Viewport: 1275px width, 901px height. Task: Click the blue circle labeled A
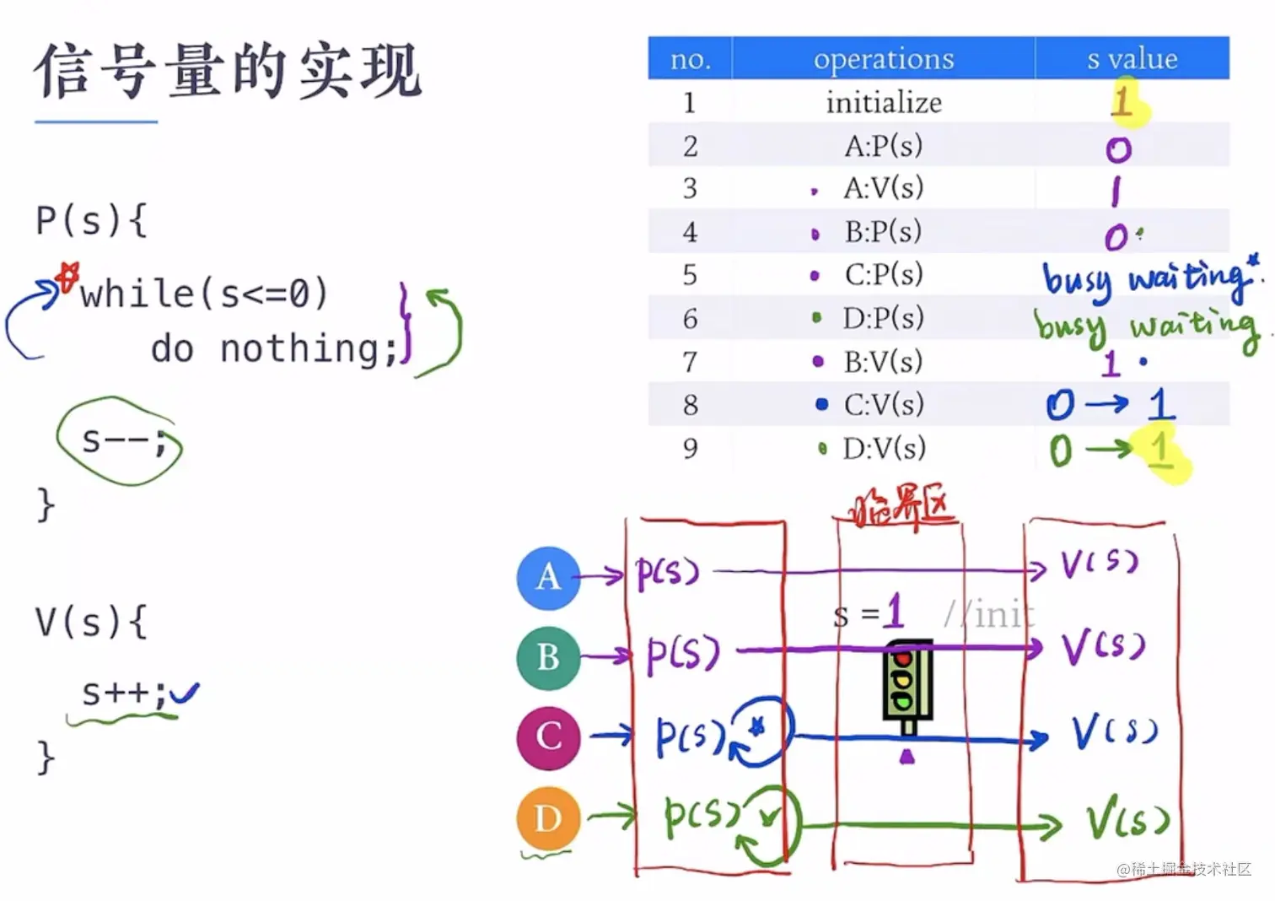548,578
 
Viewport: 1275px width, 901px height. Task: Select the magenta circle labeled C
548,737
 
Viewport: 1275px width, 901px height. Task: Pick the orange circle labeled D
548,817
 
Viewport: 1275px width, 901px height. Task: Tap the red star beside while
67,276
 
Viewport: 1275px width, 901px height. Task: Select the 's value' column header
1132,59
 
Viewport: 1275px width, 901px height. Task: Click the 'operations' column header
883,59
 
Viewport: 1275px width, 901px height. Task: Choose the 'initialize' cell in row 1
883,103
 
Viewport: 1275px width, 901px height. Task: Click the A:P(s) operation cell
883,146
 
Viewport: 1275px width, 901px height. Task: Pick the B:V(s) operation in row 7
883,362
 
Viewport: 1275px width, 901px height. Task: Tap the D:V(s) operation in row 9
883,448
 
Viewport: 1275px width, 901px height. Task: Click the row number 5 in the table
690,275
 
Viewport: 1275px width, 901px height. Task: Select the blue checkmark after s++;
184,693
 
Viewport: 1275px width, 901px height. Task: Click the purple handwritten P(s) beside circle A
667,574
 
